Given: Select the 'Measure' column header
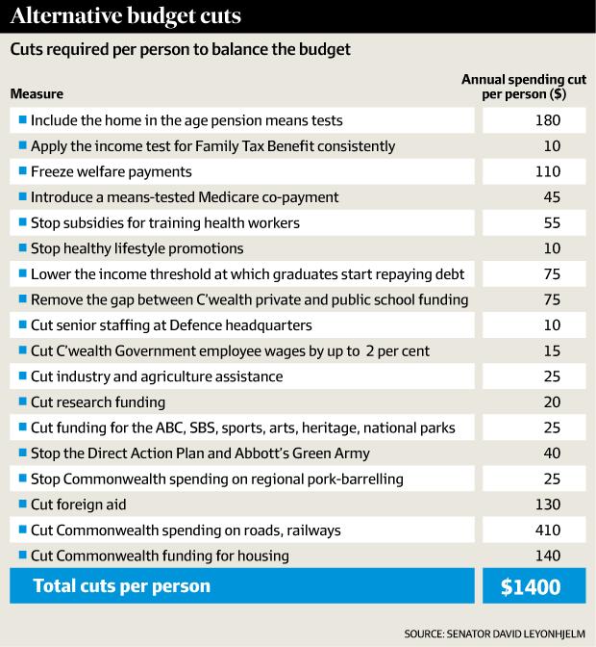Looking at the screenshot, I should pos(37,94).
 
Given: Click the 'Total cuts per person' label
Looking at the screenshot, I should pos(122,584).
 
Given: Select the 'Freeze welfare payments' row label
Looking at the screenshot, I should pos(112,171).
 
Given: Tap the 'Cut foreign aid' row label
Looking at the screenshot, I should pos(79,505).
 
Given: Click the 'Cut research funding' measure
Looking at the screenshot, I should pos(98,402).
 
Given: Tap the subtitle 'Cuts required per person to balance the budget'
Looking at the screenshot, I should pos(178,48).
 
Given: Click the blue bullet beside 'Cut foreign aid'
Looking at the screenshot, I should pos(22,505).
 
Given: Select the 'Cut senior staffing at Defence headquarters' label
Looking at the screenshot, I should pos(185,325).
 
